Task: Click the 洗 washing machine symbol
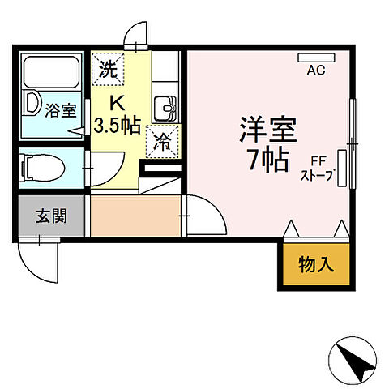coord(109,68)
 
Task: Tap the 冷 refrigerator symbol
coord(160,142)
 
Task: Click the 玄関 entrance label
coord(50,216)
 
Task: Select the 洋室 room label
coord(267,128)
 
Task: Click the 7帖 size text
coord(267,159)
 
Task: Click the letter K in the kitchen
coord(117,103)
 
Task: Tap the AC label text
coord(315,71)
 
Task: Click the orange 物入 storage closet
coord(315,263)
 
